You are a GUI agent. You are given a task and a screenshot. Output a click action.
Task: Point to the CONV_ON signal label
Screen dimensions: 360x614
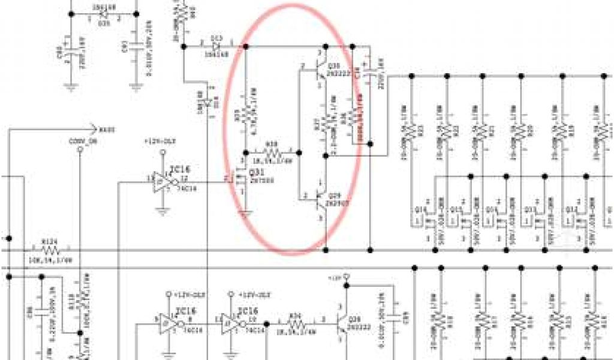pos(80,142)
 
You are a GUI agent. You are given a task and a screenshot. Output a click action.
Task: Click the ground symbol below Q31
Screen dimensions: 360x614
pos(243,211)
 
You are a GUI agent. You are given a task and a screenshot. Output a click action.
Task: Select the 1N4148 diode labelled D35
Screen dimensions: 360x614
pos(101,14)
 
